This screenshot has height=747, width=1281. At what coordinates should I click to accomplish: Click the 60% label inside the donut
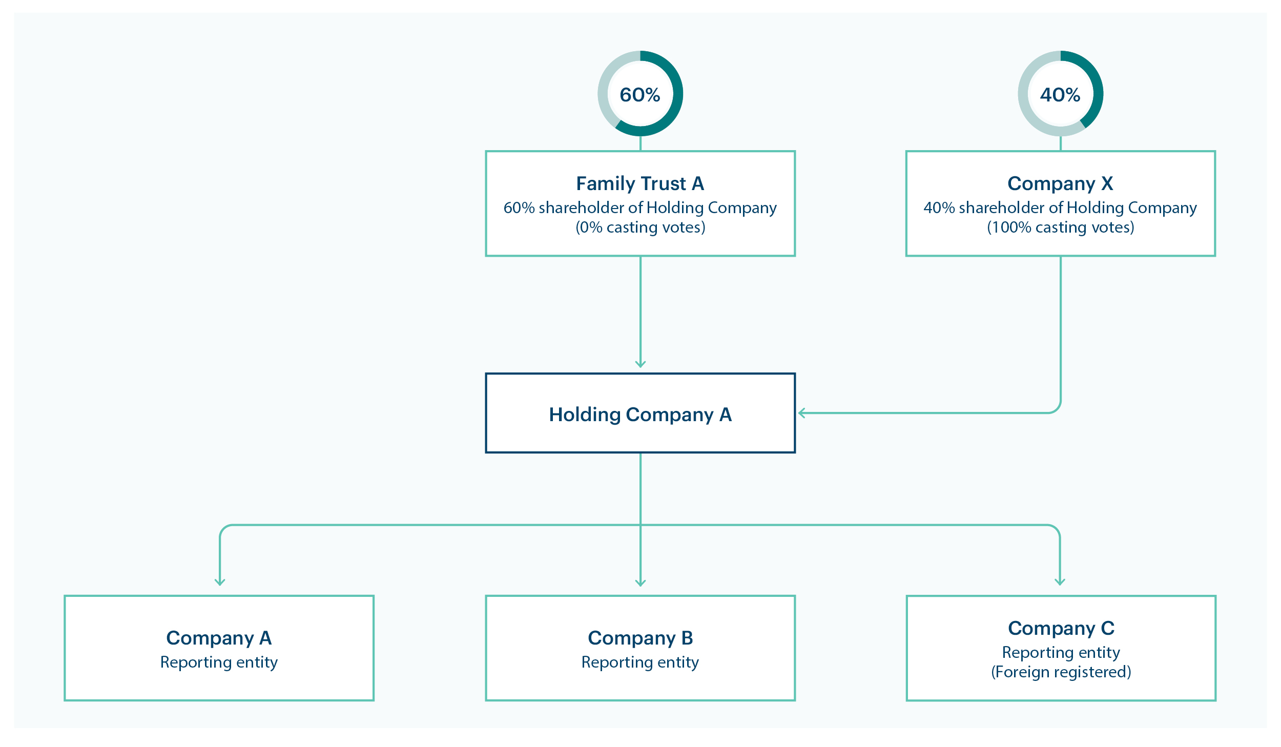click(x=640, y=95)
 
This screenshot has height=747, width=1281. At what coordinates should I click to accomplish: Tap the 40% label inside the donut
click(x=1060, y=95)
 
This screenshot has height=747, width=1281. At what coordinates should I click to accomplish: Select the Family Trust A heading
click(x=640, y=183)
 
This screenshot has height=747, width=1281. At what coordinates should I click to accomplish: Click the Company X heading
click(x=1060, y=183)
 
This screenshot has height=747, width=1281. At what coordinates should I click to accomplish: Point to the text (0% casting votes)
click(x=640, y=227)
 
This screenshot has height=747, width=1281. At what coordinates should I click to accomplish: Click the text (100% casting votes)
click(x=1060, y=227)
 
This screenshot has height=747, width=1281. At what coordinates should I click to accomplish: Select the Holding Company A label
click(x=640, y=414)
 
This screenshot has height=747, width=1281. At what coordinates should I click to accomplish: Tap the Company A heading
click(x=219, y=638)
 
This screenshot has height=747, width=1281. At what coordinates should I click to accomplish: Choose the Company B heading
click(x=640, y=638)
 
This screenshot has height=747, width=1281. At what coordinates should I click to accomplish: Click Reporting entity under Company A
click(x=219, y=662)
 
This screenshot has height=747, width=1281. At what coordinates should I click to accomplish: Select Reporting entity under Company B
click(x=640, y=662)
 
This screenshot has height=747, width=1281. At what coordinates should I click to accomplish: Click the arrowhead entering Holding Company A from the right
click(x=801, y=413)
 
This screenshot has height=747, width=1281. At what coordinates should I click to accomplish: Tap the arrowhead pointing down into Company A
click(x=220, y=583)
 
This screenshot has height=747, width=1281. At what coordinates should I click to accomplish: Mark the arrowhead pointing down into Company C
click(x=1060, y=583)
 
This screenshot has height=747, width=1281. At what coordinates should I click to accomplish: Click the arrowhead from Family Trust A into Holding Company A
click(x=640, y=365)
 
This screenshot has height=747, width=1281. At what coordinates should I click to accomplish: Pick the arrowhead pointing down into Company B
click(x=640, y=584)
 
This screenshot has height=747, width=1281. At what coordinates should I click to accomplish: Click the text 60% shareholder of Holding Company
click(x=640, y=208)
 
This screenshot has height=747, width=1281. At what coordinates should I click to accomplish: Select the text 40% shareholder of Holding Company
click(x=1060, y=208)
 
